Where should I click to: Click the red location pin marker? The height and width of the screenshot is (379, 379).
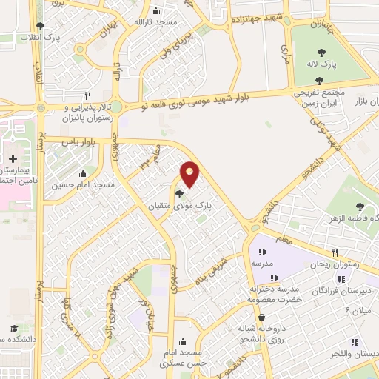(x=190, y=173)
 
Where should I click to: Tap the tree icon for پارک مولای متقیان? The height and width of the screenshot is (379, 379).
(x=179, y=194)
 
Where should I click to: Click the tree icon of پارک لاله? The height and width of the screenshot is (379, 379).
(x=321, y=53)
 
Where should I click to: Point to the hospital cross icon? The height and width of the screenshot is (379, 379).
(x=13, y=158)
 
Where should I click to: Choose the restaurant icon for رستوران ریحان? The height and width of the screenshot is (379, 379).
(x=335, y=252)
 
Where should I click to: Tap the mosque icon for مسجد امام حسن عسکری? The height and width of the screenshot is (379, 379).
(x=183, y=341)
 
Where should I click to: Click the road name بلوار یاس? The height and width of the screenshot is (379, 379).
(x=80, y=142)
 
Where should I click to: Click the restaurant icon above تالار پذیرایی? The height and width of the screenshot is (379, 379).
(x=87, y=95)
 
